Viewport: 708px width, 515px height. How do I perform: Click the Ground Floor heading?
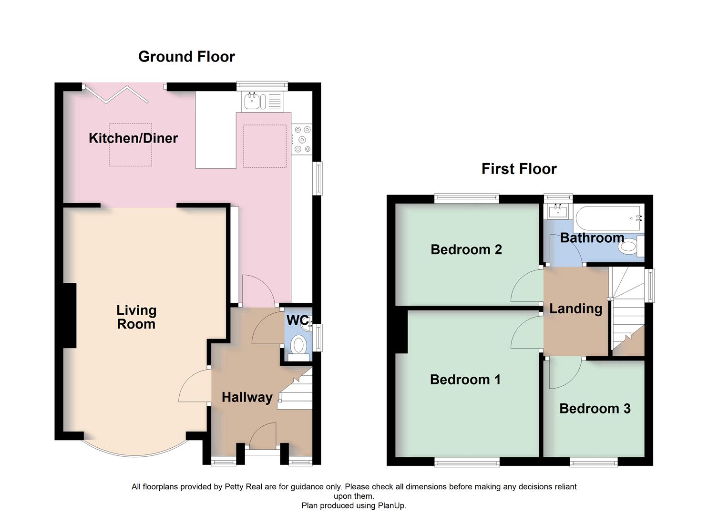pos(186,57)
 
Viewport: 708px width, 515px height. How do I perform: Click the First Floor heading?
pos(519,169)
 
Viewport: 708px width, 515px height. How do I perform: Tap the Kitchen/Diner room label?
pos(133,138)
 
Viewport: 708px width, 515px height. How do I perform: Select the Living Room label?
pos(136,317)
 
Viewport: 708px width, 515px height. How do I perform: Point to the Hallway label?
pos(247,397)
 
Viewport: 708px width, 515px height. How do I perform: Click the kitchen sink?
pos(252,101)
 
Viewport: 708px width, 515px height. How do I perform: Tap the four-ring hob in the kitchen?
pos(302,139)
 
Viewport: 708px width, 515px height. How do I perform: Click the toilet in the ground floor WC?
pos(299,345)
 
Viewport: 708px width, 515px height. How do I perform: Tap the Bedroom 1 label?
pos(465,380)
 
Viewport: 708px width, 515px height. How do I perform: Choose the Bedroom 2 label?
pos(466,249)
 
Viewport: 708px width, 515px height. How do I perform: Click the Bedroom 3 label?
pos(595,409)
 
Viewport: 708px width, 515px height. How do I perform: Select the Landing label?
pos(575,309)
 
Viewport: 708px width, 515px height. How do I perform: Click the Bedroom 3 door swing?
pos(564,374)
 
